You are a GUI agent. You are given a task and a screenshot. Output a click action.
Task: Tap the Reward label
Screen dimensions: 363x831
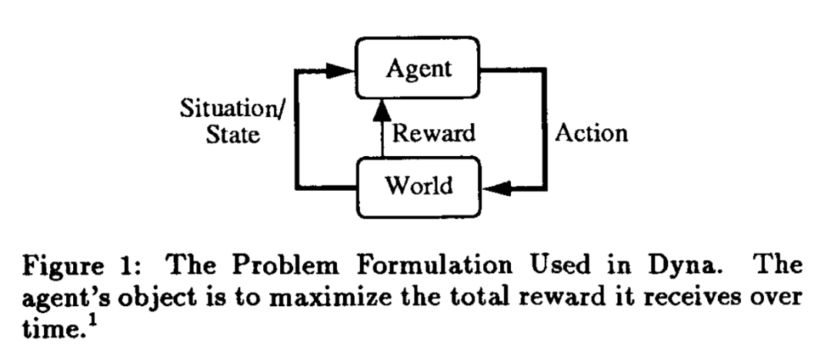point(433,133)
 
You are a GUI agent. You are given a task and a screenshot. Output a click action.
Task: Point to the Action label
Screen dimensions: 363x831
point(591,133)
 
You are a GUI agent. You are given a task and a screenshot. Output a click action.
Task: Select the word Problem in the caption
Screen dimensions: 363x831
point(279,266)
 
